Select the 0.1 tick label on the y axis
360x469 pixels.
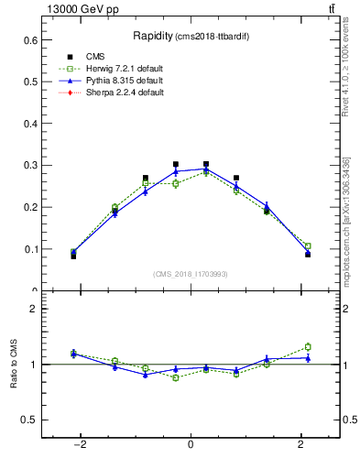30,249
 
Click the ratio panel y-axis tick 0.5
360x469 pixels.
30,420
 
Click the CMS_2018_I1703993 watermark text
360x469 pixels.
191,274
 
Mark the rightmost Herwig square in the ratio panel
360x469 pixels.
308,346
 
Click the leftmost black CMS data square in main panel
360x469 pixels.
73,256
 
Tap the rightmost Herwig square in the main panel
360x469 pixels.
308,246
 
